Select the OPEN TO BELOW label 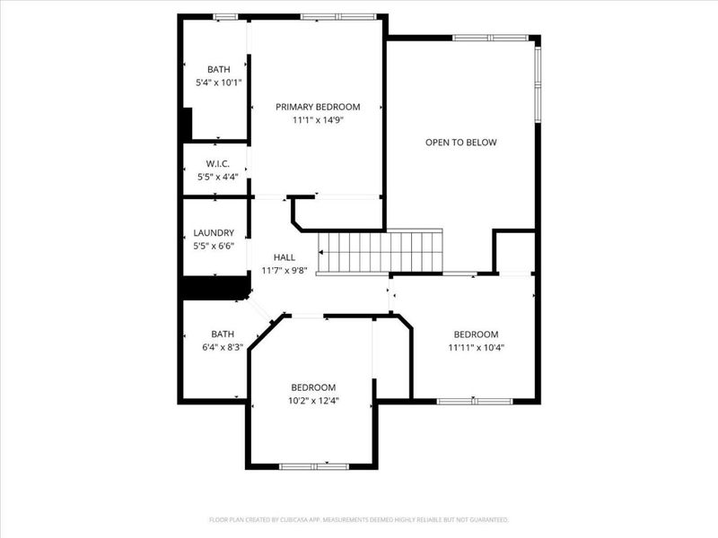tap(460, 142)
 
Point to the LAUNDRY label tap(214, 232)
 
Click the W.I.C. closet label tap(218, 163)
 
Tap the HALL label tap(284, 257)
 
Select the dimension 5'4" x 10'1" tap(218, 82)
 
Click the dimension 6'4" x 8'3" tap(221, 346)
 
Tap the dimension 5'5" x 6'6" tap(214, 245)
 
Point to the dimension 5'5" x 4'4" tap(218, 177)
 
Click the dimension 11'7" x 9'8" tap(284, 270)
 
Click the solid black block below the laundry tap(215, 288)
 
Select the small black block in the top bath tap(187, 124)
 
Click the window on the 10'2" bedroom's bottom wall tap(313, 465)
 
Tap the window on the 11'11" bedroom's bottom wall tap(474, 401)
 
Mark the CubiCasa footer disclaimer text tap(359, 519)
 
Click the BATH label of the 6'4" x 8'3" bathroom tap(222, 334)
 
